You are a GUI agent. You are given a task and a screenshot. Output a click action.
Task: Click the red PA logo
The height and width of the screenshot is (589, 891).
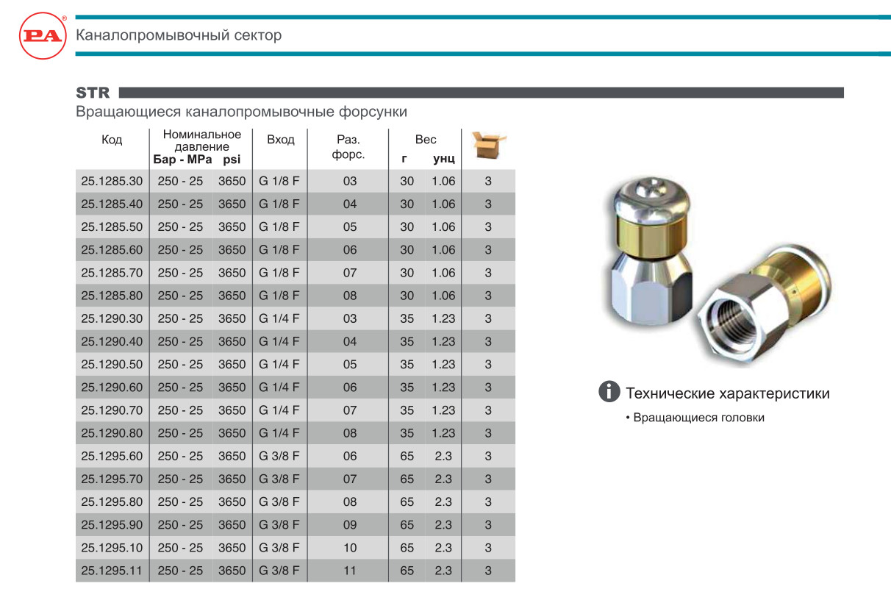click(x=43, y=35)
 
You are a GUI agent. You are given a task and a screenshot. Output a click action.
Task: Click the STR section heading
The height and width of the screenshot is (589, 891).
click(x=93, y=93)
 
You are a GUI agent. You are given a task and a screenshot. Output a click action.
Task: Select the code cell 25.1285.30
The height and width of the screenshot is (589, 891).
click(x=112, y=181)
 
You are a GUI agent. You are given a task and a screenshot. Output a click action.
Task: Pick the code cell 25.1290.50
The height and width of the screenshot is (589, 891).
click(x=112, y=364)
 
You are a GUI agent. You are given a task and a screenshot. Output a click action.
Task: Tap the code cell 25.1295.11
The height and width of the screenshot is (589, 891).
click(x=112, y=570)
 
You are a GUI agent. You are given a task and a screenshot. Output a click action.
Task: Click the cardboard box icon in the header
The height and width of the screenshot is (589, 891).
click(x=489, y=144)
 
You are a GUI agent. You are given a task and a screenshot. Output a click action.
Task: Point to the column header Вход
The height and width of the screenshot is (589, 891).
click(x=281, y=140)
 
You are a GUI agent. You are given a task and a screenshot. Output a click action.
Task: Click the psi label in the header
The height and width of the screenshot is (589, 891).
click(x=232, y=159)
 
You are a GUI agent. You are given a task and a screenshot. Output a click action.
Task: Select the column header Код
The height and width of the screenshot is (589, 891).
click(x=112, y=140)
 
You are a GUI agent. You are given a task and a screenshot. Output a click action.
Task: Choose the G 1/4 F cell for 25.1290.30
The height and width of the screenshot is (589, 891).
click(x=279, y=318)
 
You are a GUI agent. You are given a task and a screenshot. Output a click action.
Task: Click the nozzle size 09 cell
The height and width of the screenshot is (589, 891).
click(x=350, y=524)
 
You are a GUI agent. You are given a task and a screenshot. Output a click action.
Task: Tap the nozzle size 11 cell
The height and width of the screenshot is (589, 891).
click(x=350, y=570)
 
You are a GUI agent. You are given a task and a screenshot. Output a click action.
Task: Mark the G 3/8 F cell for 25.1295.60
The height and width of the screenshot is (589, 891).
click(x=279, y=456)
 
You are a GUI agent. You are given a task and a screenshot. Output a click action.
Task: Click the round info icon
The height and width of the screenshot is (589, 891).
click(x=609, y=392)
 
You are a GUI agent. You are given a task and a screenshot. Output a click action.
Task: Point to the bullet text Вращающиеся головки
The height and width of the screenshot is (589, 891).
click(x=698, y=418)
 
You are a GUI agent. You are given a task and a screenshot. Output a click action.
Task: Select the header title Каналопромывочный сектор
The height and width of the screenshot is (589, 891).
click(x=179, y=35)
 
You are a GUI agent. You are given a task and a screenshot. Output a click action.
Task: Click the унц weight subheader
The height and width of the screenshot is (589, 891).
click(x=443, y=159)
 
